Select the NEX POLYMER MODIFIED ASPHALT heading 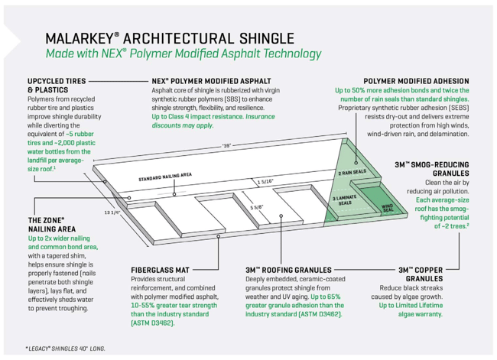coord(211,80)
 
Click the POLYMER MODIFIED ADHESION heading coord(417,80)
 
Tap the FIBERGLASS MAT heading coord(160,270)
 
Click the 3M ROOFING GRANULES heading coord(288,270)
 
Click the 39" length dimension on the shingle coord(226,145)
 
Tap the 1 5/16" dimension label coord(265,181)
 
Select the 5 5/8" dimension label coord(258,207)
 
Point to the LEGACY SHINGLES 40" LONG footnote coord(65,348)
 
